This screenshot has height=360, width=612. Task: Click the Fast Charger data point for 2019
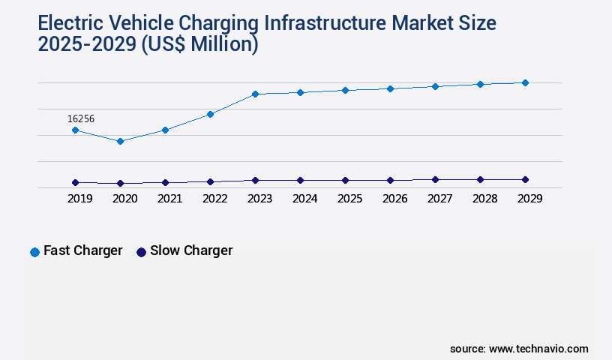click(75, 130)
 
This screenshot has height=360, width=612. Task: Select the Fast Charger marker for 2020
click(120, 141)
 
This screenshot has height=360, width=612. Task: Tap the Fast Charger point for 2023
click(255, 94)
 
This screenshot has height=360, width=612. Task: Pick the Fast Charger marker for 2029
click(525, 82)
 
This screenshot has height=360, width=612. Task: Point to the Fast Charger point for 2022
click(210, 114)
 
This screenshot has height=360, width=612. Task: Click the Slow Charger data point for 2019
click(75, 182)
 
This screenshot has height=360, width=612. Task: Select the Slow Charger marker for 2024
click(300, 180)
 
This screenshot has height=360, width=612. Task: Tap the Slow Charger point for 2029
click(525, 179)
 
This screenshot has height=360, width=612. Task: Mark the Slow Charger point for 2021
click(165, 182)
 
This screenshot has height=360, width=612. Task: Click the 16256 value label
click(81, 118)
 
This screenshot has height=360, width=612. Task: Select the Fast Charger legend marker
click(34, 252)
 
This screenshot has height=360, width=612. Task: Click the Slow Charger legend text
click(191, 251)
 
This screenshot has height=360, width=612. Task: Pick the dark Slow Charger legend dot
click(141, 252)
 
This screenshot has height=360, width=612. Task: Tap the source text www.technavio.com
click(538, 349)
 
